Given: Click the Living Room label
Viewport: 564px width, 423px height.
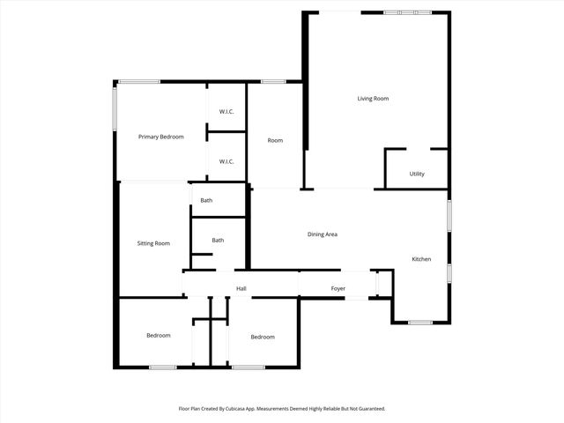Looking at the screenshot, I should [373, 99].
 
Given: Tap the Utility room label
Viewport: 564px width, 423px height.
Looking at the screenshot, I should [417, 174].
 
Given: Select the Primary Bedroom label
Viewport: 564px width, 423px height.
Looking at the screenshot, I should [161, 137].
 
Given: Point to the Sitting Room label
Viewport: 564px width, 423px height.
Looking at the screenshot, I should [153, 243].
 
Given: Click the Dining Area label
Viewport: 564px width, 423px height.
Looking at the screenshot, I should [323, 234].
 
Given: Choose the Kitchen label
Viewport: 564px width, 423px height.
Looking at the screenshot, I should [421, 259].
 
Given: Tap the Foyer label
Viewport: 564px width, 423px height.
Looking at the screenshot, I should [338, 289].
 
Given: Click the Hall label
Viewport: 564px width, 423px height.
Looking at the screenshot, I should [241, 289].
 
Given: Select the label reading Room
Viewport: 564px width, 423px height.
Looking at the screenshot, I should [275, 140].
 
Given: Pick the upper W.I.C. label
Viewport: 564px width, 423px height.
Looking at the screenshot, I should [226, 111].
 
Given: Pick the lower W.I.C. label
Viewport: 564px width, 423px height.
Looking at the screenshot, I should [226, 161].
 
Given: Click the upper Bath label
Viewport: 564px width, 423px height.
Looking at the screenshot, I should [206, 201].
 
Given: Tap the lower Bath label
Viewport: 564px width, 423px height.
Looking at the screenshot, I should [218, 241].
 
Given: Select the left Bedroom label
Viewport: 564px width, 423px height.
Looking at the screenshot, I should [159, 336].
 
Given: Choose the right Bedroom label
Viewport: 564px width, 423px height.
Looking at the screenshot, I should [263, 337].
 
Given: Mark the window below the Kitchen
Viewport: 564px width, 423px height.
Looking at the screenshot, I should [420, 323].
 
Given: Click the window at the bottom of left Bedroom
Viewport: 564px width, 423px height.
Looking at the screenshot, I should [162, 367].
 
